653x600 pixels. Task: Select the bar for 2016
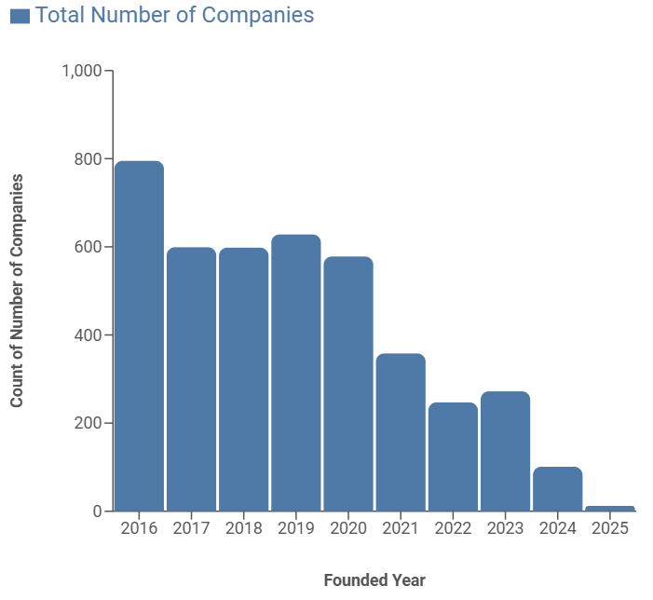[x=139, y=335]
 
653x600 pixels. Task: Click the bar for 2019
[x=295, y=373]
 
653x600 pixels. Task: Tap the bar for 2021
[x=401, y=432]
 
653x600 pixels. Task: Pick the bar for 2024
[x=557, y=489]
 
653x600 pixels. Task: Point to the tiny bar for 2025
[x=610, y=509]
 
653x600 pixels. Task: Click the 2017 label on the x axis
[x=191, y=528]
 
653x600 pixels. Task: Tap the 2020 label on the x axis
[x=347, y=528]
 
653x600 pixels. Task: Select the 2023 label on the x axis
[x=505, y=528]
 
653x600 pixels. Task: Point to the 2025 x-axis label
[x=609, y=528]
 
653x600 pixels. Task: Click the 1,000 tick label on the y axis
[x=81, y=71]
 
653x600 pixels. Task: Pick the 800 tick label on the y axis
[x=88, y=159]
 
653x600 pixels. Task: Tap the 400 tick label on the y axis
[x=88, y=335]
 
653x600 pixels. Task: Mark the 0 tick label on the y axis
[x=96, y=511]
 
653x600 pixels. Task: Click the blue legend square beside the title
[x=20, y=16]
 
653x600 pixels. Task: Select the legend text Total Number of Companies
[x=174, y=16]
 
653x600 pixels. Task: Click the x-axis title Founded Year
[x=374, y=580]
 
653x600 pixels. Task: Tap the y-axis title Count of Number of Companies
[x=17, y=291]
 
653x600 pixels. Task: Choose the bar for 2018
[x=243, y=379]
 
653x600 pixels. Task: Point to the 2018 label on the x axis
[x=243, y=528]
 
